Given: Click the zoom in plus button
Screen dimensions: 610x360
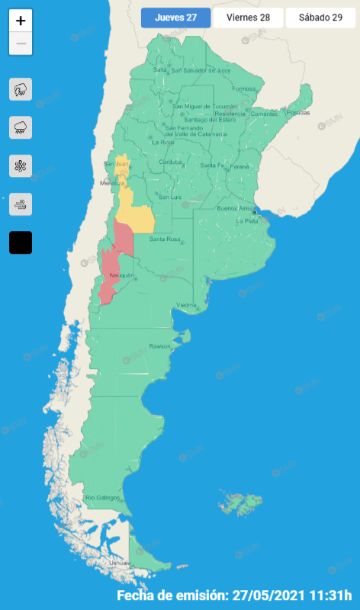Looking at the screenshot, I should tap(21, 21).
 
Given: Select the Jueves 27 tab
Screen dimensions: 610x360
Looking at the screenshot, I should tap(175, 18).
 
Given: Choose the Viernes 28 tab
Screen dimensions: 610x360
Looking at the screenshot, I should tap(248, 18).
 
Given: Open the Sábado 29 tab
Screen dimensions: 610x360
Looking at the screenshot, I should tap(320, 18).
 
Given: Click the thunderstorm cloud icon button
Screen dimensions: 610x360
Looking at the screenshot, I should tap(21, 89).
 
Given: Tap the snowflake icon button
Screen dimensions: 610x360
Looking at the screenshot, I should tap(21, 165).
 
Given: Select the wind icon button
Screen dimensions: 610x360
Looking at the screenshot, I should tap(21, 204).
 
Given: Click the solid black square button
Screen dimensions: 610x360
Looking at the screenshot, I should tap(21, 242).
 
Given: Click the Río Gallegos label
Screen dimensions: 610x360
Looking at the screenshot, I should tap(103, 498).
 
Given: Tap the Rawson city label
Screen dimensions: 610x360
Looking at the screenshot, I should tap(160, 346).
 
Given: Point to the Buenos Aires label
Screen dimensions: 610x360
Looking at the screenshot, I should tap(233, 208).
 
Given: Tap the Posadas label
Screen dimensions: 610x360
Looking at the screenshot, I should tap(298, 113).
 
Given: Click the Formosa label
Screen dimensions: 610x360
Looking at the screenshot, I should tap(244, 88).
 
